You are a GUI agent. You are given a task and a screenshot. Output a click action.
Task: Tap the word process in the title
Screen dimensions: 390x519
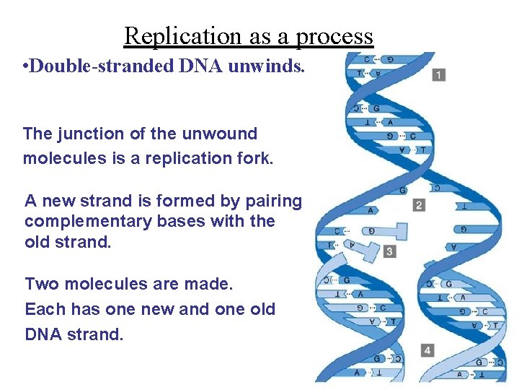pos(334,36)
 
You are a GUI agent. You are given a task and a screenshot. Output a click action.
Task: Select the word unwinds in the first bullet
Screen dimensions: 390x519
pos(267,67)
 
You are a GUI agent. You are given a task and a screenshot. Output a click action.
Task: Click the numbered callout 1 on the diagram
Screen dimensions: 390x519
pos(439,74)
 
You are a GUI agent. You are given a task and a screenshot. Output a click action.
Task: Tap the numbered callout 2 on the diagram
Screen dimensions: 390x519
pos(419,205)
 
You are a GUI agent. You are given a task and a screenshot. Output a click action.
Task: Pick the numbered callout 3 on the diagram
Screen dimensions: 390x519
pos(390,251)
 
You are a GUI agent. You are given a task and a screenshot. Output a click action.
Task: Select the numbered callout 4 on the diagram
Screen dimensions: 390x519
pos(428,350)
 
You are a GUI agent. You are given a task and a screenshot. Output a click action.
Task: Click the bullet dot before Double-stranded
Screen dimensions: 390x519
pos(25,68)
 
